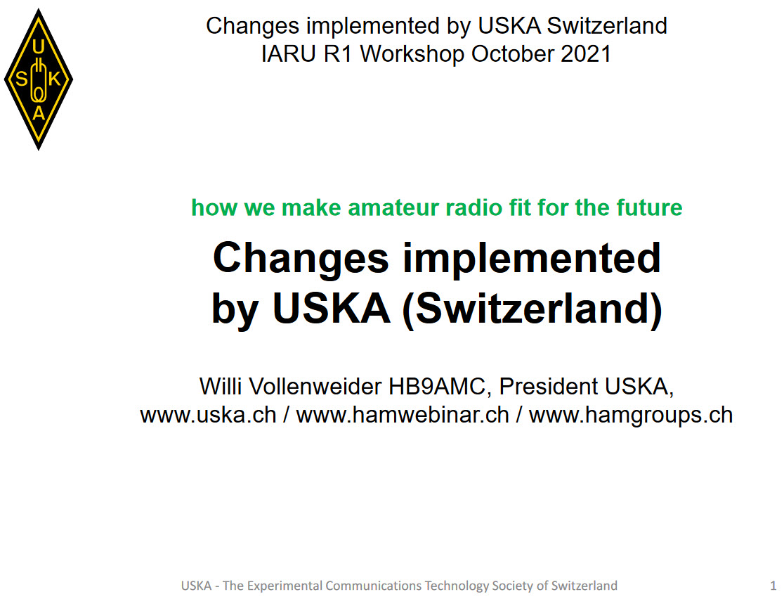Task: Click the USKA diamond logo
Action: [x=39, y=79]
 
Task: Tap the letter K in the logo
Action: [x=54, y=79]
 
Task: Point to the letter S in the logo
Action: [x=22, y=79]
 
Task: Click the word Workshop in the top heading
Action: [x=412, y=55]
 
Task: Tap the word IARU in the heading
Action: [x=289, y=54]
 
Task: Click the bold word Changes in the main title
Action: [x=301, y=259]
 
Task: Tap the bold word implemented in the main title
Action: [x=532, y=258]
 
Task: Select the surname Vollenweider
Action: [x=315, y=386]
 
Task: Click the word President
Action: [x=549, y=386]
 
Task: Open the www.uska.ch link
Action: [x=209, y=416]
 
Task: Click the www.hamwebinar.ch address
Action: [x=403, y=416]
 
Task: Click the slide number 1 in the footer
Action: [x=773, y=586]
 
